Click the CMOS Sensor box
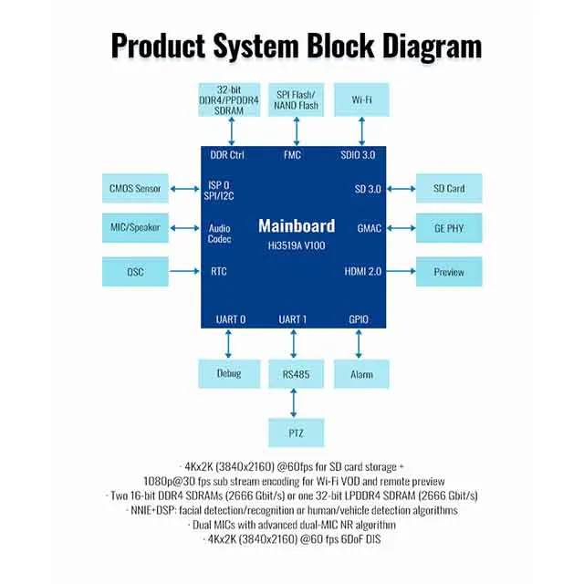point(134,189)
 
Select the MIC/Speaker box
point(134,226)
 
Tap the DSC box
point(134,271)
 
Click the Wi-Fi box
point(356,99)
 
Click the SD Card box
point(449,189)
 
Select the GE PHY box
point(449,226)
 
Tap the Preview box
point(449,271)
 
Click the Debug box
point(230,374)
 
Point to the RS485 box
point(293,374)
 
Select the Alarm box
point(356,374)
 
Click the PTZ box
point(293,431)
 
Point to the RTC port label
point(218,271)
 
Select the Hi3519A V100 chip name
point(295,245)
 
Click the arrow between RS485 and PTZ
point(293,402)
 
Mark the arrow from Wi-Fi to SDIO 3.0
point(356,130)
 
